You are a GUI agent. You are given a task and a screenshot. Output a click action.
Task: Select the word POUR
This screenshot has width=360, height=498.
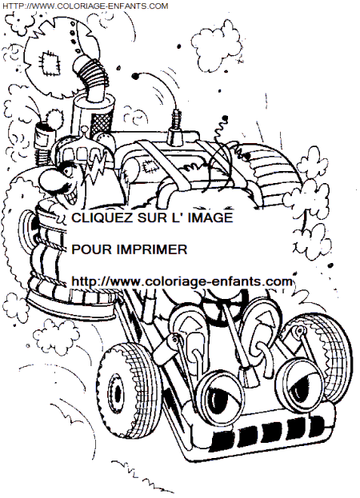point(90,249)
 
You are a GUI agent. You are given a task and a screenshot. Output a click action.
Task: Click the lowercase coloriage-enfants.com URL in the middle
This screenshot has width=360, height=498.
point(182,281)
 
